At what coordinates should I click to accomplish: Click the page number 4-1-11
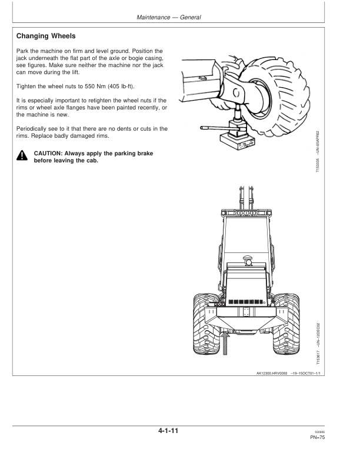[x=168, y=431]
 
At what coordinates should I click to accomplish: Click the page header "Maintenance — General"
[x=168, y=17]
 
